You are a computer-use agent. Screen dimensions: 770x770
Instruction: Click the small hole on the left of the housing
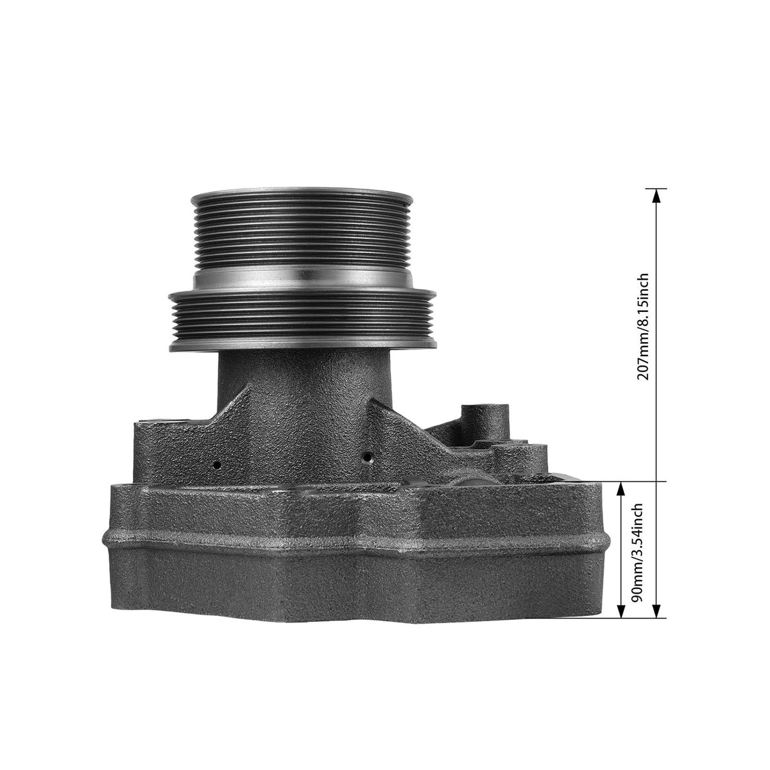[218, 463]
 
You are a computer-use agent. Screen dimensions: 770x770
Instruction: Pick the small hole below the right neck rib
[366, 458]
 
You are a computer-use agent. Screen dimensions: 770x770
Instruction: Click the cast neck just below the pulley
[302, 385]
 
